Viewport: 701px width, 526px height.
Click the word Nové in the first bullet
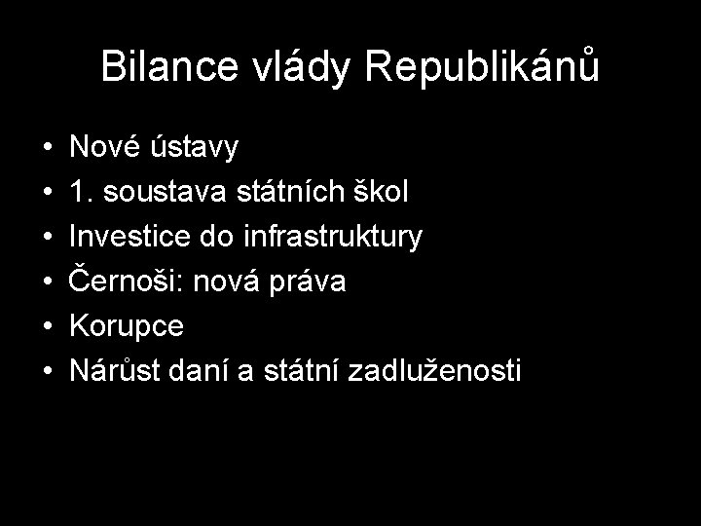tap(101, 148)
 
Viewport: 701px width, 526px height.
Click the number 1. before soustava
tap(81, 192)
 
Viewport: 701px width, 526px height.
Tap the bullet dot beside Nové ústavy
tap(48, 149)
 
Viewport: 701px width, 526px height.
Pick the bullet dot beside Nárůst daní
tap(48, 372)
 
